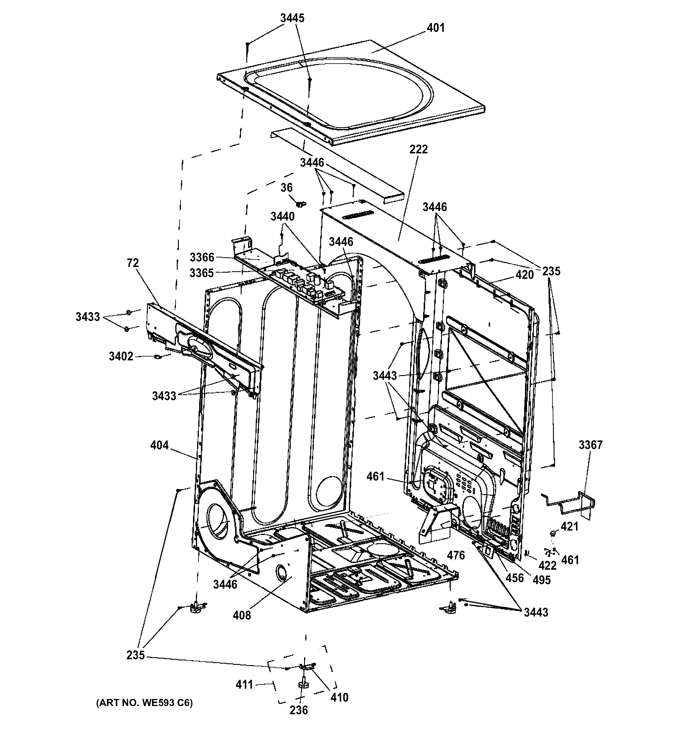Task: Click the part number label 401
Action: (435, 28)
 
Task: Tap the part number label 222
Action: (419, 150)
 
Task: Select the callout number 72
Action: (133, 263)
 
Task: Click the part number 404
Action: (159, 445)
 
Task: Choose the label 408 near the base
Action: (242, 615)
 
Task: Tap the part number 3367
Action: (590, 445)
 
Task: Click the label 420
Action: (524, 275)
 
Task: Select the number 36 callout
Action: (287, 188)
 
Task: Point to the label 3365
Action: (202, 273)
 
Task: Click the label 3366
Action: (202, 257)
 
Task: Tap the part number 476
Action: (456, 556)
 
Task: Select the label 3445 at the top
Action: (292, 18)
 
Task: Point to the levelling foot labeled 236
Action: (303, 684)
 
